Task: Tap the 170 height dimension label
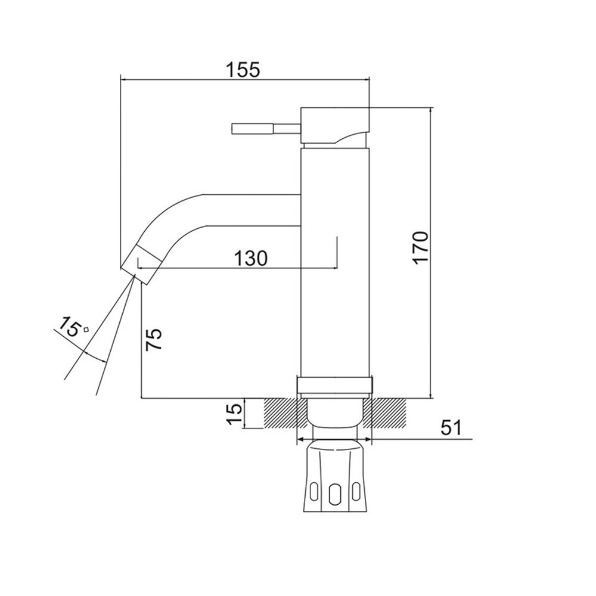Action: tap(421, 247)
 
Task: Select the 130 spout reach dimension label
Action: tap(250, 258)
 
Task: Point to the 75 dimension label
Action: tap(154, 339)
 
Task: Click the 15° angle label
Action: tap(72, 325)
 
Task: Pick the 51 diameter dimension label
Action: tap(451, 427)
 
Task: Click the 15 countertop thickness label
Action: tap(234, 414)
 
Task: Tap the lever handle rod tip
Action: tap(232, 129)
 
